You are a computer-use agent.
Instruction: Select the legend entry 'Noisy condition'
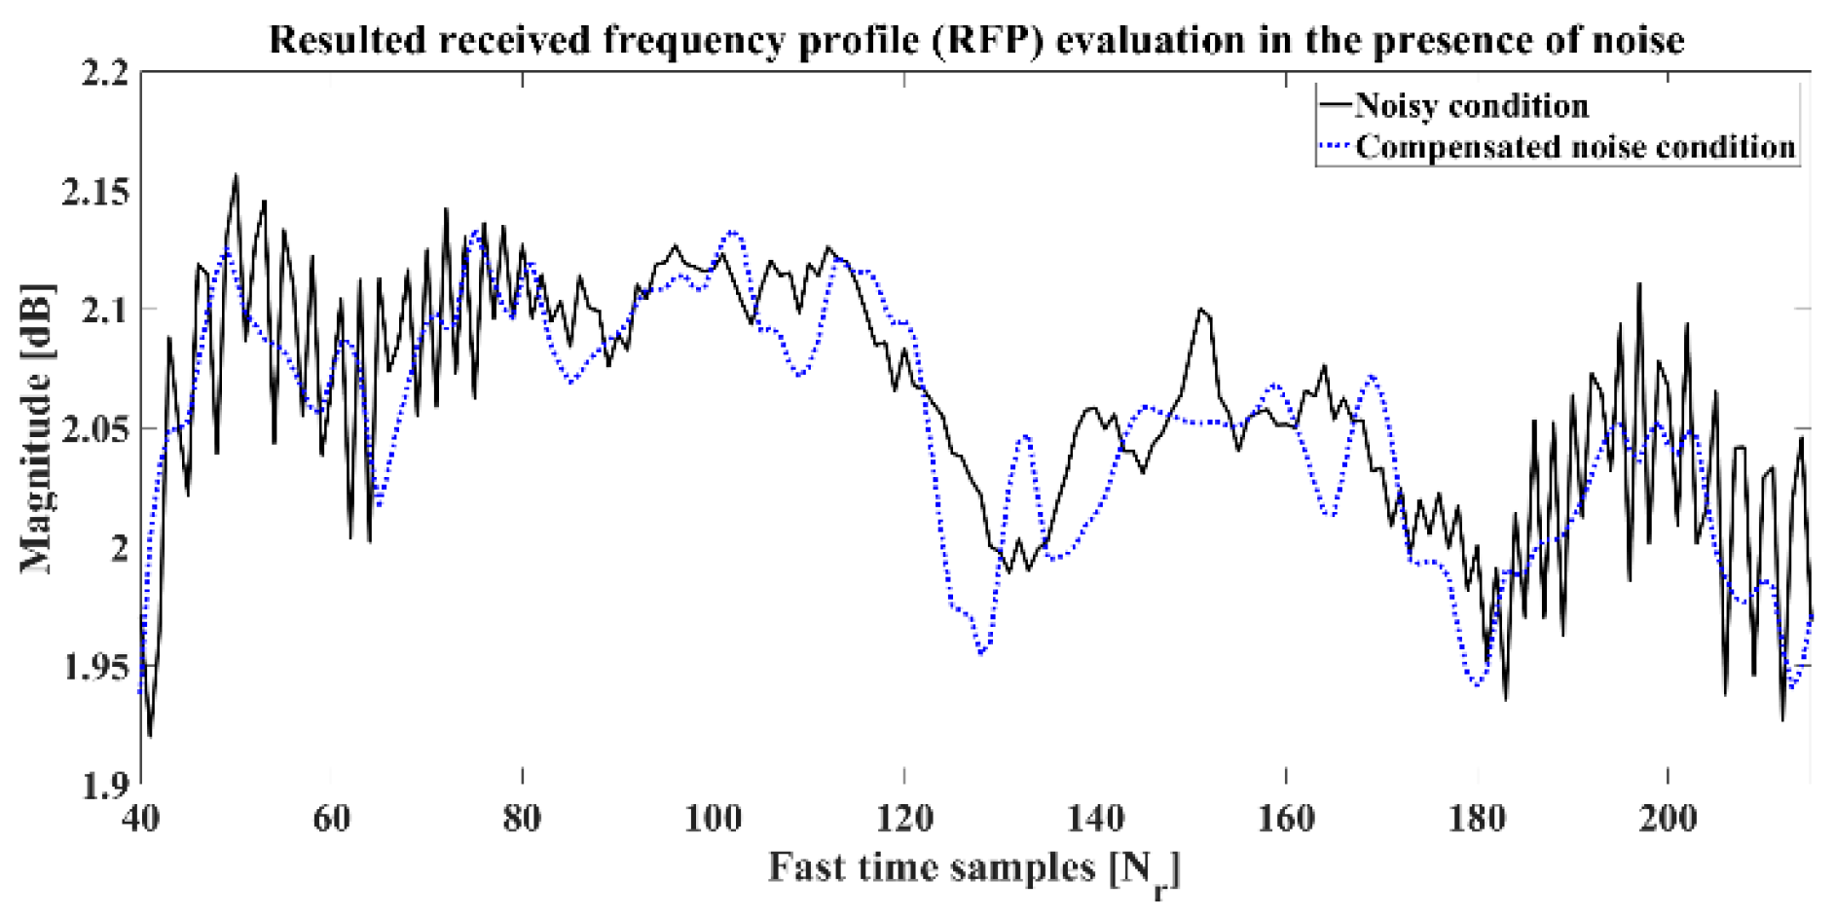(1470, 105)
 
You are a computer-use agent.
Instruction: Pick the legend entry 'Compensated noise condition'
(1574, 147)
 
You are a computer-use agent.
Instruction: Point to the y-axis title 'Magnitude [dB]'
(36, 428)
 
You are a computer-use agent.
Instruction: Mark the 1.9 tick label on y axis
(105, 786)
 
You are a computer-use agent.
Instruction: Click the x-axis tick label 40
(141, 819)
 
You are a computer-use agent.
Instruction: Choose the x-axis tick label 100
(714, 819)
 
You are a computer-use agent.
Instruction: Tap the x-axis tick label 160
(1286, 819)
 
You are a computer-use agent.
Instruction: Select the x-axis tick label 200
(1668, 819)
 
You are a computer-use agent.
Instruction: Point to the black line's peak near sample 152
(1201, 310)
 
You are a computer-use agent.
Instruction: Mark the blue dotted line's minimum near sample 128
(981, 653)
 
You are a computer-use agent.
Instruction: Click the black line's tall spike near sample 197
(1639, 283)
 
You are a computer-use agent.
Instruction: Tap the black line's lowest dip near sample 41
(150, 736)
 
